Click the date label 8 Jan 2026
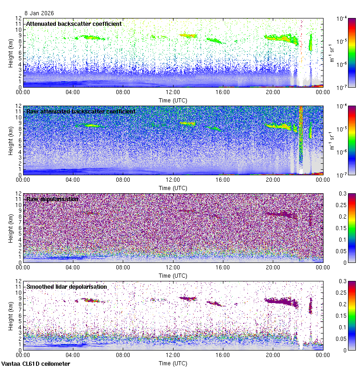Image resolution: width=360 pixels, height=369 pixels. [39, 13]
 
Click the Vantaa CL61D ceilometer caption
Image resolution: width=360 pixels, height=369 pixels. [36, 364]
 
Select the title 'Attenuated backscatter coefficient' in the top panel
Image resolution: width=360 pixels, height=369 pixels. [74, 24]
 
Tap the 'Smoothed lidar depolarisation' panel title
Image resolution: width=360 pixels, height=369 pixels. [66, 286]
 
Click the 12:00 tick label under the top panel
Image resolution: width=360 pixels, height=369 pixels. [173, 92]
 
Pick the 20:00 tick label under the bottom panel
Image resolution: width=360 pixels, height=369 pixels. [273, 355]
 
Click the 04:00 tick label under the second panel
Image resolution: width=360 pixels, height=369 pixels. [73, 179]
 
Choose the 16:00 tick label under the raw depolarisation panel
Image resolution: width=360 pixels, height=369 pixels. [223, 267]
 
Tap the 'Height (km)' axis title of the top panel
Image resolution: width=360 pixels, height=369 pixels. [11, 53]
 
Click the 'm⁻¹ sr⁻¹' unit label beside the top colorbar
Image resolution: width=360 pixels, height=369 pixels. [332, 53]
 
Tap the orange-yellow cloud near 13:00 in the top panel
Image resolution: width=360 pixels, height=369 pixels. [187, 35]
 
